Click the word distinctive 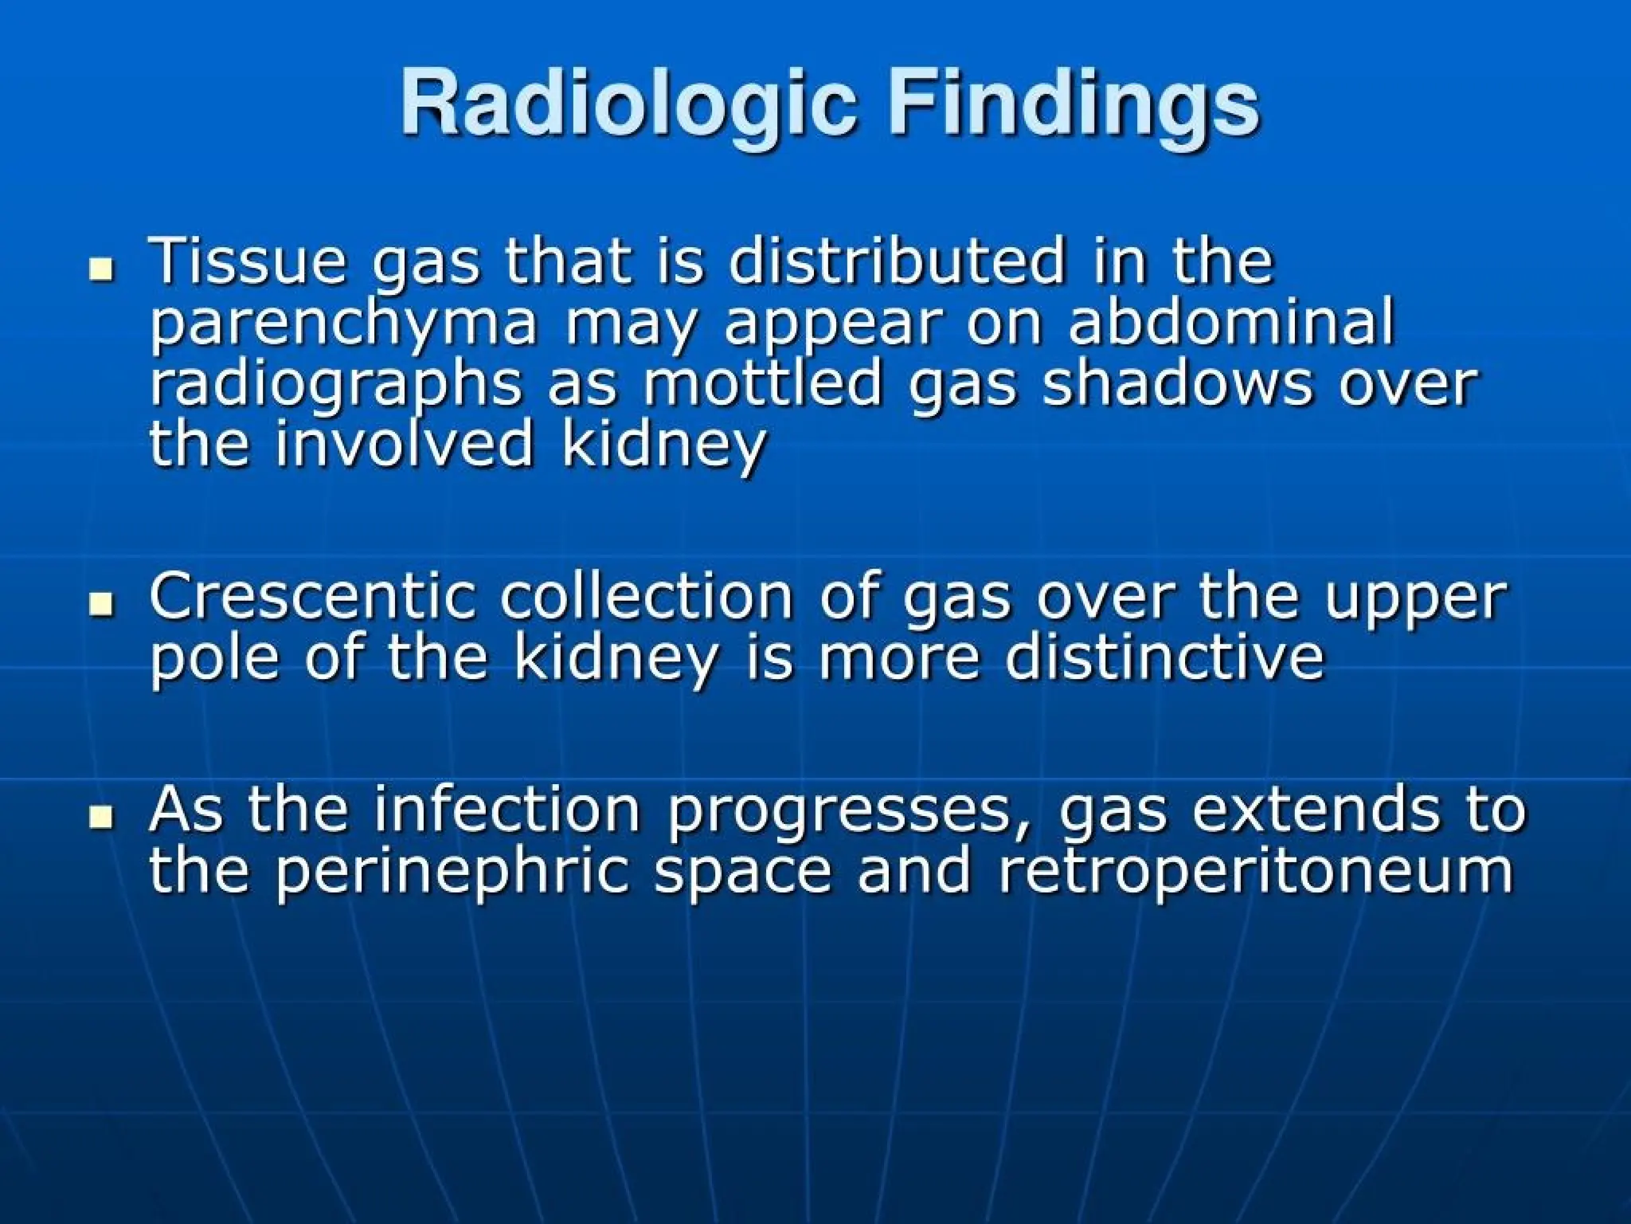click(x=1164, y=657)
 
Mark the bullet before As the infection click(x=100, y=817)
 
